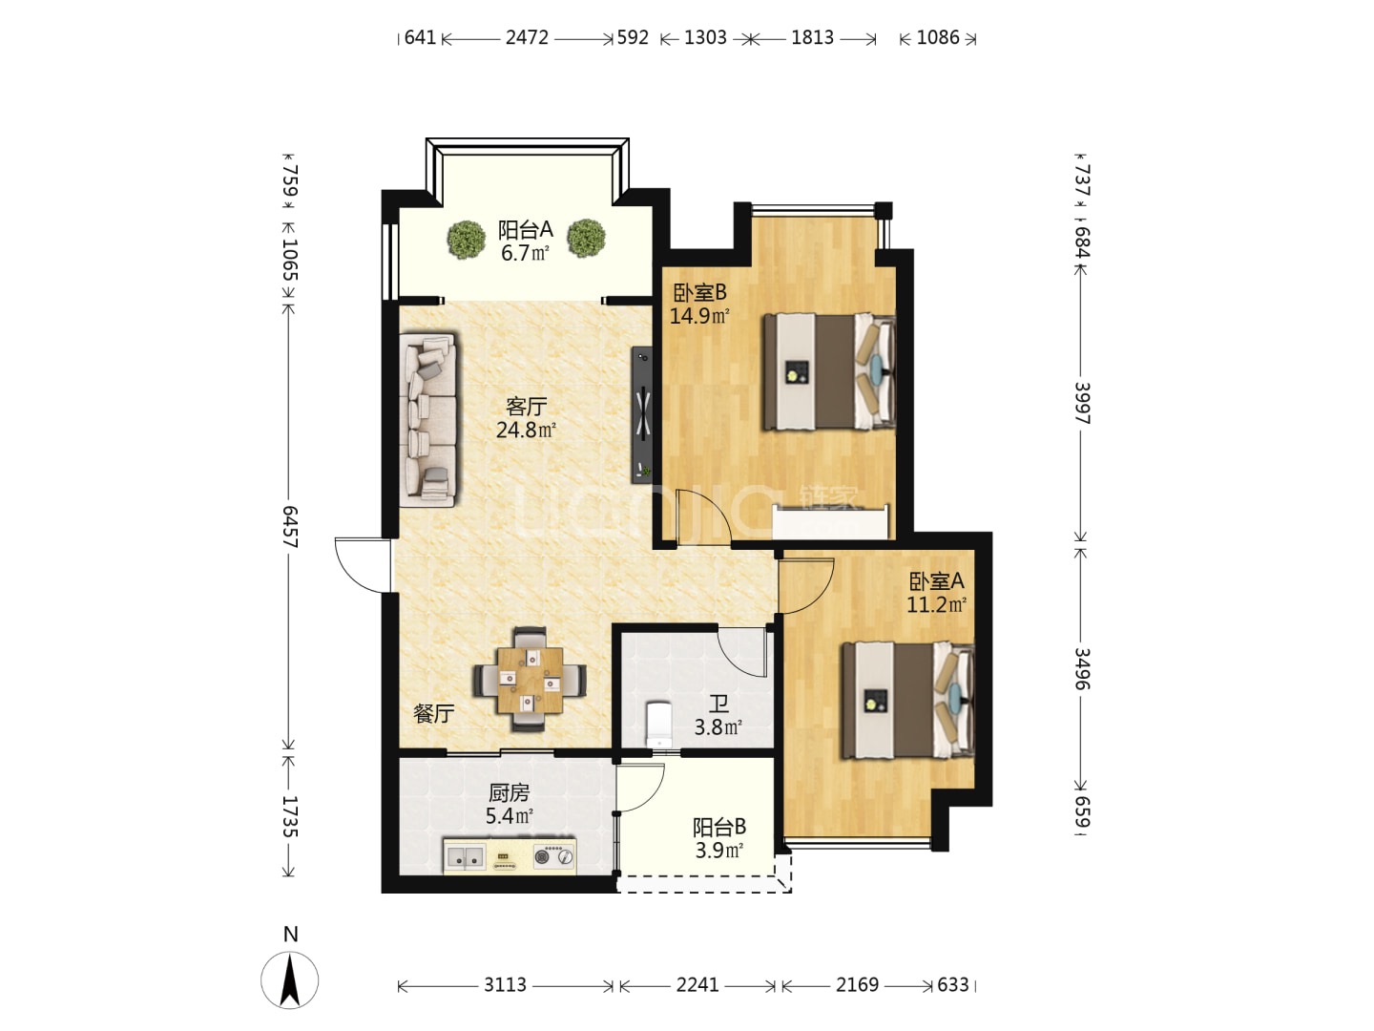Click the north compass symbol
click(x=289, y=978)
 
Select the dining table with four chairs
click(x=530, y=680)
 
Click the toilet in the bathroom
click(x=657, y=724)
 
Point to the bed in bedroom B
click(x=829, y=372)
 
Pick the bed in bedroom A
click(x=907, y=700)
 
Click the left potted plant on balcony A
click(x=466, y=239)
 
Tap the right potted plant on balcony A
click(x=587, y=238)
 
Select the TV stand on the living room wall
click(x=641, y=414)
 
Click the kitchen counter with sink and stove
click(x=510, y=855)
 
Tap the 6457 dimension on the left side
click(x=289, y=526)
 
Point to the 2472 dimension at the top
click(x=527, y=37)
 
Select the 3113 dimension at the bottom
click(x=505, y=984)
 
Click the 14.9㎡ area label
click(x=699, y=316)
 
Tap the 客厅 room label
click(x=526, y=407)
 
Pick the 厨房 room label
click(x=509, y=793)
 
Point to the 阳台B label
click(x=719, y=828)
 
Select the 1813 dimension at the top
click(x=813, y=37)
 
